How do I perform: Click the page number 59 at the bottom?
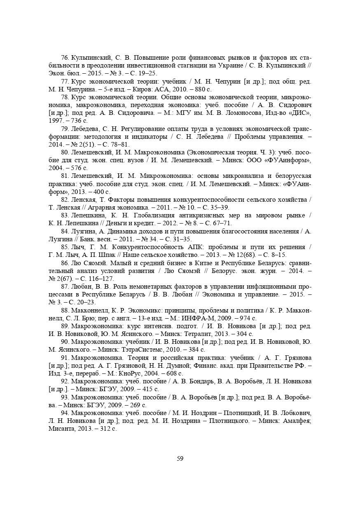(x=180, y=459)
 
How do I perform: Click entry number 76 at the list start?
(x=65, y=57)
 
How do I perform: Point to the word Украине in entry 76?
(x=215, y=65)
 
